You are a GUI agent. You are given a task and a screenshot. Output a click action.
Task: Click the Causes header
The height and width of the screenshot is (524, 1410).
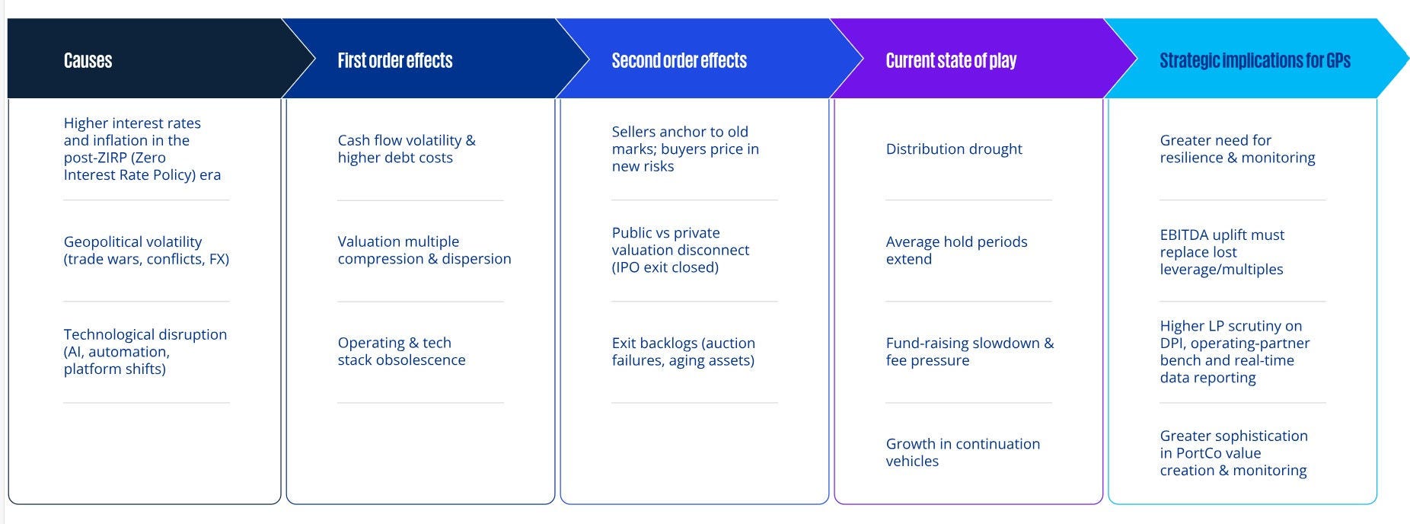point(88,61)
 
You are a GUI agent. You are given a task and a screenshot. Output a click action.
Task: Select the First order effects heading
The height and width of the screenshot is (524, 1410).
point(395,61)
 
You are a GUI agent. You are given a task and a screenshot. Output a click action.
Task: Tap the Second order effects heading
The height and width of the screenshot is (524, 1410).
point(679,61)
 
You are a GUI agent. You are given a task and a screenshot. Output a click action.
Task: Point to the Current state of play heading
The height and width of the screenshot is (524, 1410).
point(951,61)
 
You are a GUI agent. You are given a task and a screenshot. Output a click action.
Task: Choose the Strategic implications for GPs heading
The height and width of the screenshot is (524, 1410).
point(1255,61)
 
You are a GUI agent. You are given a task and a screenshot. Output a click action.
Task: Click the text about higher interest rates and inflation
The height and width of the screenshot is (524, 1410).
point(142,149)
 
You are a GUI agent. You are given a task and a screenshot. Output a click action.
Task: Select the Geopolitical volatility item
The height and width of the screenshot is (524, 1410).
point(146,250)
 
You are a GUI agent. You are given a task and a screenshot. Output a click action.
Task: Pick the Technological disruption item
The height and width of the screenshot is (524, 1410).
point(145,351)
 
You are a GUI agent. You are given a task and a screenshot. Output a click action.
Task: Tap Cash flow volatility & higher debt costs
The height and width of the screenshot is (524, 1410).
point(407,149)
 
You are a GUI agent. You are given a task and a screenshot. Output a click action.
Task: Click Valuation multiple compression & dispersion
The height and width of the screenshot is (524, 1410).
point(424,250)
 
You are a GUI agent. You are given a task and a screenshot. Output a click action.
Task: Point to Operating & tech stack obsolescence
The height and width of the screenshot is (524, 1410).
point(401,351)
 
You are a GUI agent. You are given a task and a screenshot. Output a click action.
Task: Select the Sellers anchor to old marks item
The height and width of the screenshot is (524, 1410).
point(685,149)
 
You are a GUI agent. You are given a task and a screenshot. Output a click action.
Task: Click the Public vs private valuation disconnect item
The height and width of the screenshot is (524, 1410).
point(681,250)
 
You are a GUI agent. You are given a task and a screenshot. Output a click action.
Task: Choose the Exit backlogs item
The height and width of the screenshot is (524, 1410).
point(684,351)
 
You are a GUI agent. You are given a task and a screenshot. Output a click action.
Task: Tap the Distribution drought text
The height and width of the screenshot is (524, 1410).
point(954,149)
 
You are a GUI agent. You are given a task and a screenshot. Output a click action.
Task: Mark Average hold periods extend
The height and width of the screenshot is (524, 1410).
point(956,250)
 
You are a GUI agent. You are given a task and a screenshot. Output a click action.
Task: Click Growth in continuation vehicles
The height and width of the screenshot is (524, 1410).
point(962,452)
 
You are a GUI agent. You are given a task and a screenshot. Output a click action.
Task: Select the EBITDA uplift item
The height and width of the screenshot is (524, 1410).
point(1222,251)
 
